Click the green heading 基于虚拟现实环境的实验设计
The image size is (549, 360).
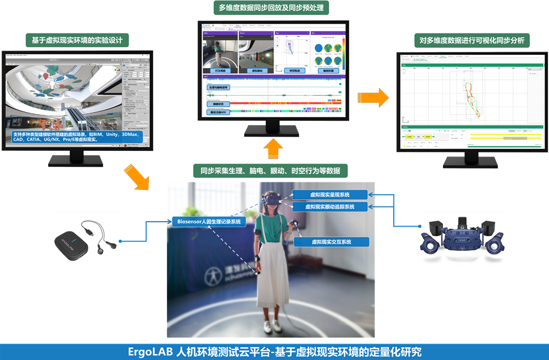(77, 40)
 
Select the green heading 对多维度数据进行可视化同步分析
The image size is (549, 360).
(471, 41)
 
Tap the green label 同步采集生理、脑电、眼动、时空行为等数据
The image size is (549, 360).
(271, 171)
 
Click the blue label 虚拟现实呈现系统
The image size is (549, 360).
(329, 195)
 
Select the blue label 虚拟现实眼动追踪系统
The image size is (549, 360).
(329, 207)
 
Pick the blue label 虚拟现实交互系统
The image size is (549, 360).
(331, 241)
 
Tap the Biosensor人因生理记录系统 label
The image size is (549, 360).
(209, 222)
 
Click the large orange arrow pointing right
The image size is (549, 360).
(376, 97)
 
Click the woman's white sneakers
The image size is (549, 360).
(274, 326)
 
